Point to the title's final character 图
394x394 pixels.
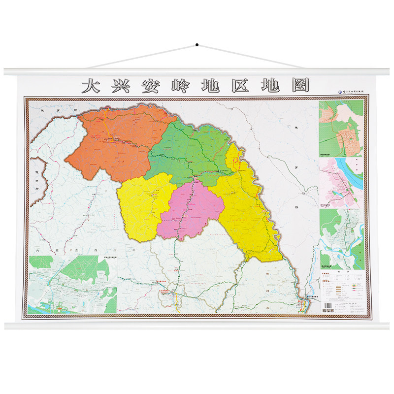pyautogui.click(x=300, y=85)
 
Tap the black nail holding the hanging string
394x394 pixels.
pyautogui.click(x=197, y=45)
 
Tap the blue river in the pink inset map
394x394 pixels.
pyautogui.click(x=355, y=172)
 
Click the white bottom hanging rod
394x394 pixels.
pyautogui.click(x=197, y=326)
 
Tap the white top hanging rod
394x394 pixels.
pyautogui.click(x=197, y=71)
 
